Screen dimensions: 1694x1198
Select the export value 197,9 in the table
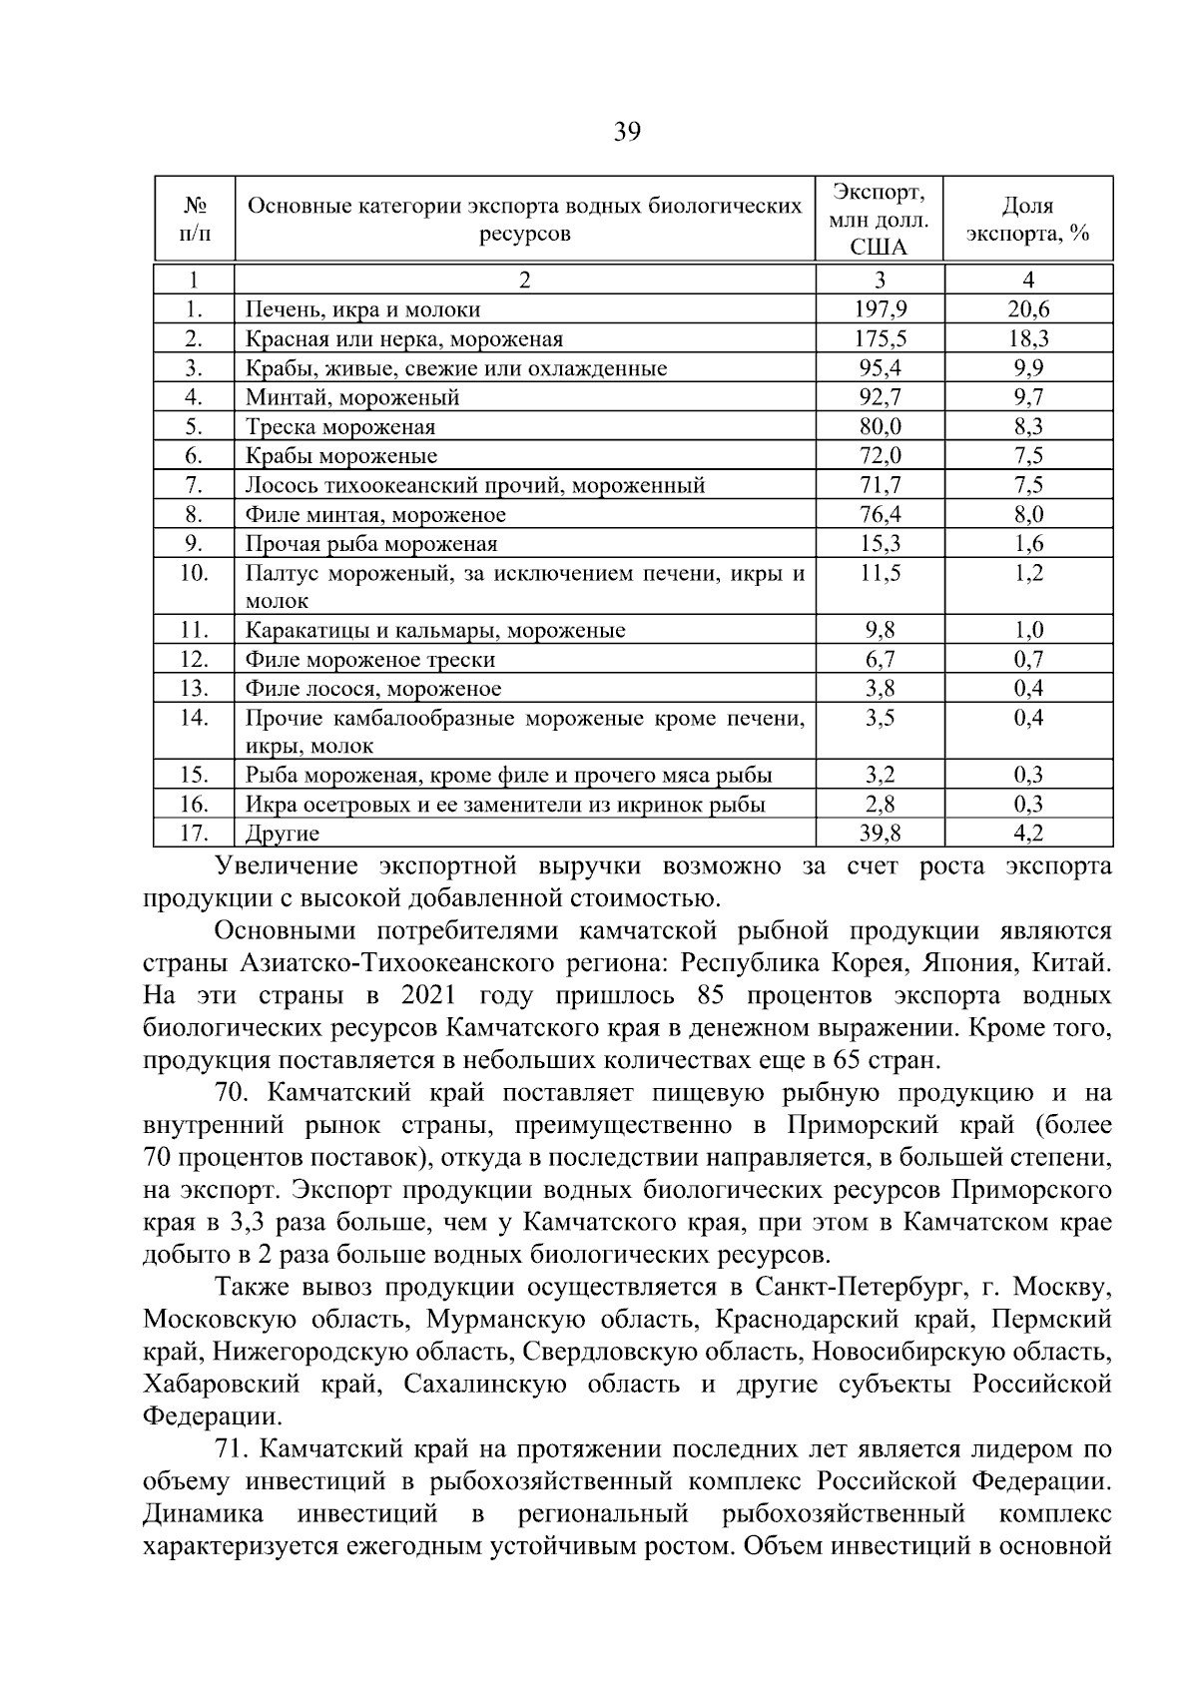[x=880, y=309]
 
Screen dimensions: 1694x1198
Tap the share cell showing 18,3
[x=1027, y=338]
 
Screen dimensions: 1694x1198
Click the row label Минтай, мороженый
[x=352, y=397]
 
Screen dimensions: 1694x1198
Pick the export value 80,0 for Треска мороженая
[x=880, y=426]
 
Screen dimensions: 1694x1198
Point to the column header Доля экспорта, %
[x=1027, y=220]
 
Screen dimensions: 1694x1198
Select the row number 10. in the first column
[x=194, y=573]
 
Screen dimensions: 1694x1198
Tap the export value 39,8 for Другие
[x=880, y=833]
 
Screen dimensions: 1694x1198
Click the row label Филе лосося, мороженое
[x=373, y=689]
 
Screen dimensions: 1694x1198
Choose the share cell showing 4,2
[x=1027, y=833]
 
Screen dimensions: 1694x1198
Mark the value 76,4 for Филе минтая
[x=880, y=514]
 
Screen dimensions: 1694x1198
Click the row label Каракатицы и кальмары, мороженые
[x=435, y=631]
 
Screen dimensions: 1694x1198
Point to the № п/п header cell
[x=195, y=220]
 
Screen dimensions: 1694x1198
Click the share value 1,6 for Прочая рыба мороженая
[x=1027, y=544]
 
